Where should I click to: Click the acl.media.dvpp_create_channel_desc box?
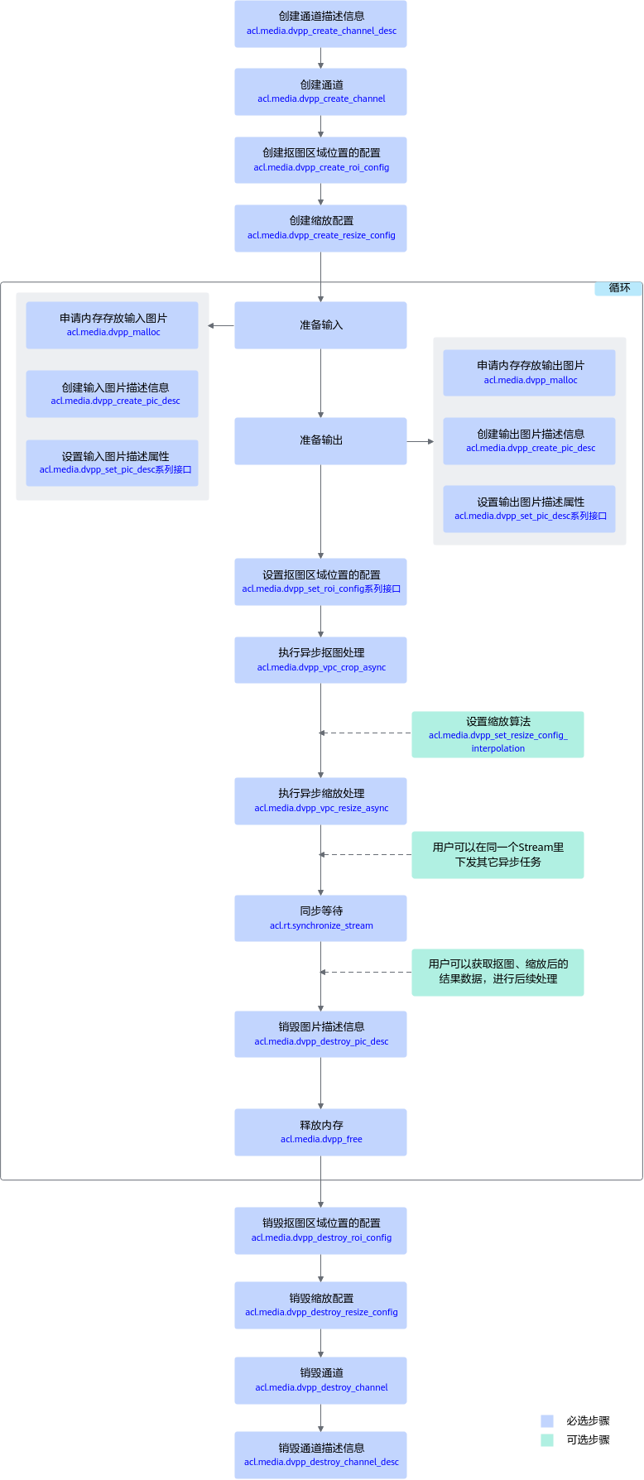[320, 24]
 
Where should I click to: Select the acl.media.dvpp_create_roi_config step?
[320, 160]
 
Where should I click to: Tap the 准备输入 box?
[320, 325]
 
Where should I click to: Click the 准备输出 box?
[320, 441]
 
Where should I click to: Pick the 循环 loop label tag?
[618, 288]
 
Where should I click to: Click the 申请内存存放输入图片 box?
[113, 325]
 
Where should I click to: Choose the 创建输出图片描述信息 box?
[530, 441]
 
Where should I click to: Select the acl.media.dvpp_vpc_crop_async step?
[320, 660]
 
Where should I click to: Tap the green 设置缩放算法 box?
[497, 734]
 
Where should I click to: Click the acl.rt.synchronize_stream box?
[320, 918]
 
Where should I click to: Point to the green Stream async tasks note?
[497, 855]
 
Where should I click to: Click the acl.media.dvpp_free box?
[320, 1132]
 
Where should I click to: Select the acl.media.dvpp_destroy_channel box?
[320, 1380]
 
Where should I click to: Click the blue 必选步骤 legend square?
[547, 1421]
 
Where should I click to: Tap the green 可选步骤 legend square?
[547, 1440]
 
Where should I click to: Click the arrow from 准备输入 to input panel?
[221, 325]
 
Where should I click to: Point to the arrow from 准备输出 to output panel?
[421, 441]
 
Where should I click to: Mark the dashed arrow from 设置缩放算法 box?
[366, 733]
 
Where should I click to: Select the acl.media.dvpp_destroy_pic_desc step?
[320, 1034]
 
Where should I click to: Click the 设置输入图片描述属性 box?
[113, 463]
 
